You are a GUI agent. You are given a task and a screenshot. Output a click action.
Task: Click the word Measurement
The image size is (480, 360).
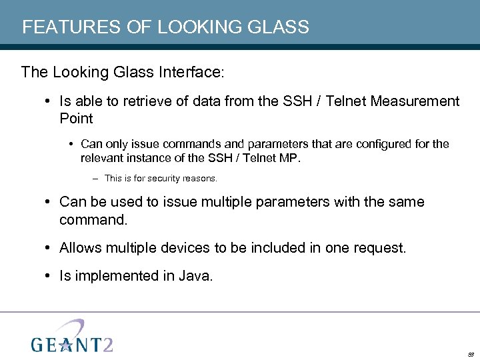tap(415, 101)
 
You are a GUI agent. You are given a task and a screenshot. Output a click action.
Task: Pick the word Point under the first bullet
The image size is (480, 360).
tap(76, 119)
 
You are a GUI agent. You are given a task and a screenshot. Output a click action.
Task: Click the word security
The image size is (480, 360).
tap(160, 179)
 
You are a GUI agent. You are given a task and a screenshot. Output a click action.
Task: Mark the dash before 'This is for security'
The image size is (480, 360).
tap(97, 179)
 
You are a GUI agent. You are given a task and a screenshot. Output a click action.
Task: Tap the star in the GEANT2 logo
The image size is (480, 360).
tap(66, 344)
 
